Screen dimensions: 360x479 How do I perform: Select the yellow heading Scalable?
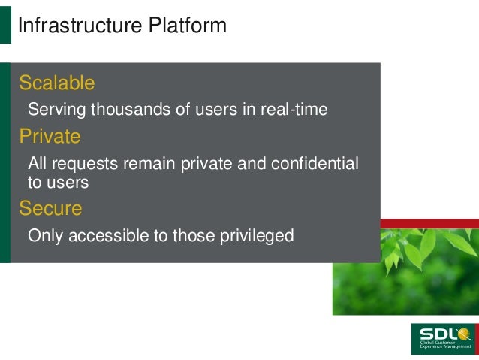click(x=57, y=82)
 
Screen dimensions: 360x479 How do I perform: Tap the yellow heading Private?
click(x=50, y=136)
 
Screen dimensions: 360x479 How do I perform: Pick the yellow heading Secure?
click(x=50, y=208)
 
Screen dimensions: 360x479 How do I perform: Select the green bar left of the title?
click(x=5, y=26)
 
